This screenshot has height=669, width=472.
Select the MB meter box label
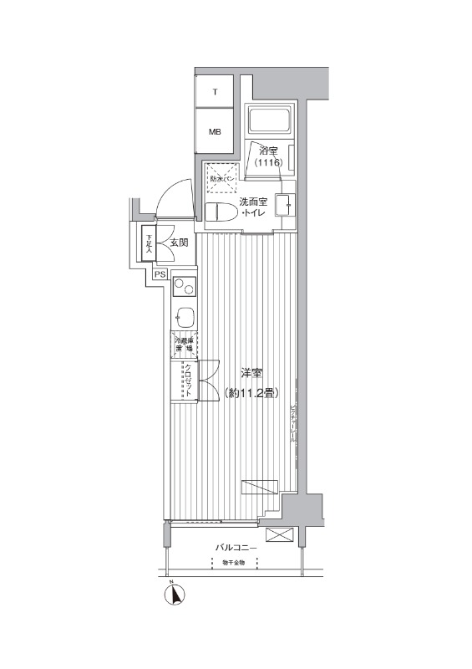click(x=215, y=131)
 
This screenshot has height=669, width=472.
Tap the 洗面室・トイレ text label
click(x=253, y=207)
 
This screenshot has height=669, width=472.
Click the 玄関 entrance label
click(x=178, y=243)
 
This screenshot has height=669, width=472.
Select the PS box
click(x=160, y=273)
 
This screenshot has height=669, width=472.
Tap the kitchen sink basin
click(x=185, y=318)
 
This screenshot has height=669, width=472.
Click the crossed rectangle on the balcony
click(x=277, y=535)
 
